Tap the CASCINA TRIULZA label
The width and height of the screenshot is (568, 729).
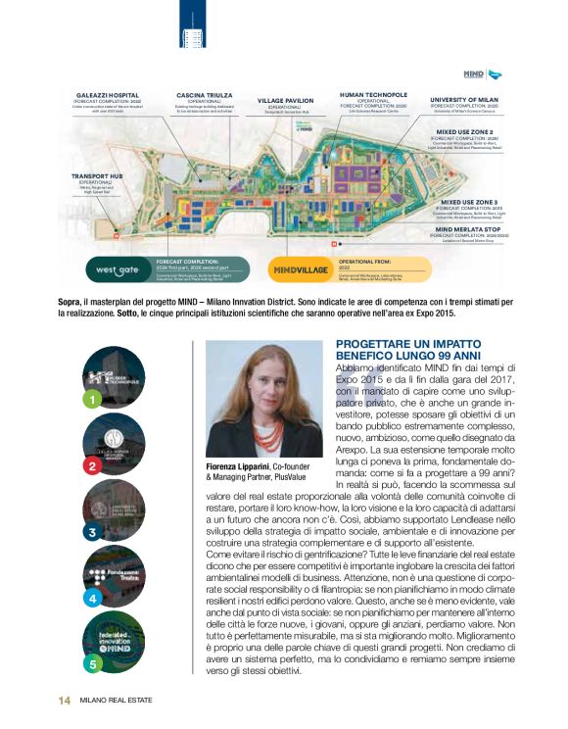point(204,95)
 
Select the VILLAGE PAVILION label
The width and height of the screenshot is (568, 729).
point(285,100)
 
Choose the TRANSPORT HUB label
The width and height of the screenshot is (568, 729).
point(96,176)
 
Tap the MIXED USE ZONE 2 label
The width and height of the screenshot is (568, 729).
point(465,131)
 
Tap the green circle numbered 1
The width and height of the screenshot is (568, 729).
point(91,400)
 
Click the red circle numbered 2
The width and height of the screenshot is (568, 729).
point(91,466)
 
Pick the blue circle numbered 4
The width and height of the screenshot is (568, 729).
point(91,597)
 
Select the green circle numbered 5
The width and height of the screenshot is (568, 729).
point(91,663)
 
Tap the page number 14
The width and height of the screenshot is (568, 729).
point(63,700)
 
